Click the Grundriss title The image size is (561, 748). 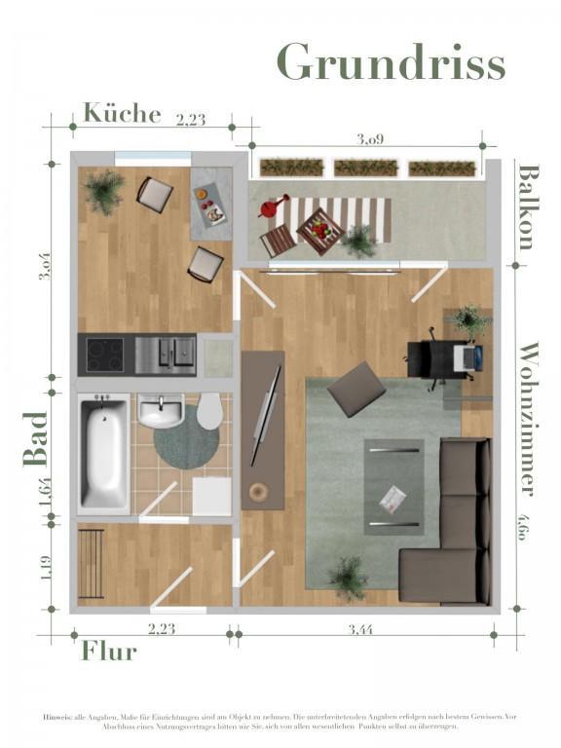(x=392, y=62)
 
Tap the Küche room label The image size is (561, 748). (x=122, y=113)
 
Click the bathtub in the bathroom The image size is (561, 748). (x=103, y=454)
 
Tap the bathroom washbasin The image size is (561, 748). (x=161, y=411)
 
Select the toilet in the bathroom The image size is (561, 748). (x=209, y=412)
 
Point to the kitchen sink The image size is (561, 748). (x=166, y=355)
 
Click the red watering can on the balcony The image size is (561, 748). (x=274, y=207)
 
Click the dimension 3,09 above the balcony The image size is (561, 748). (x=370, y=138)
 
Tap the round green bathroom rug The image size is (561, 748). (x=186, y=443)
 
